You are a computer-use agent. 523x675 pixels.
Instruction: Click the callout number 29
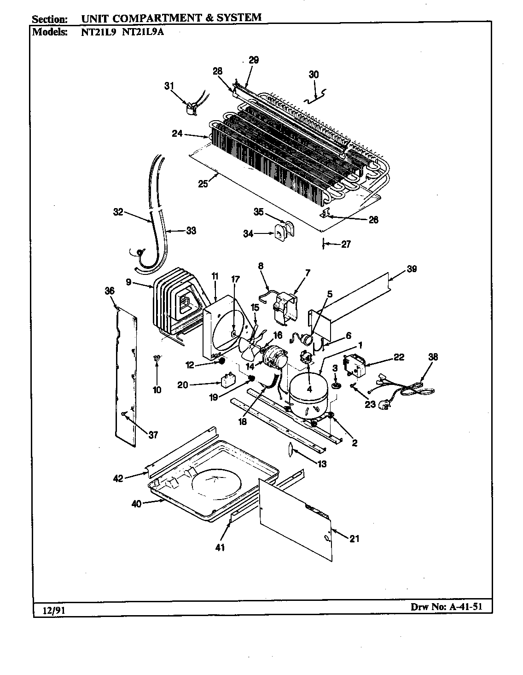click(254, 60)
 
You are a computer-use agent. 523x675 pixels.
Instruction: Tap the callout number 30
click(314, 75)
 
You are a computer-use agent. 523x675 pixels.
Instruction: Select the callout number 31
click(169, 86)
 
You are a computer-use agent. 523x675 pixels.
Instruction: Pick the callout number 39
click(411, 269)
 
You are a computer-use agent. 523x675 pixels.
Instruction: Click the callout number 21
click(354, 539)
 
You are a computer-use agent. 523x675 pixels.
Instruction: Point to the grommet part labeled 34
click(279, 234)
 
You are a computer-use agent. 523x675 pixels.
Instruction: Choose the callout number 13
click(322, 464)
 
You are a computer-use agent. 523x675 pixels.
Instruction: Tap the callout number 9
click(128, 282)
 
